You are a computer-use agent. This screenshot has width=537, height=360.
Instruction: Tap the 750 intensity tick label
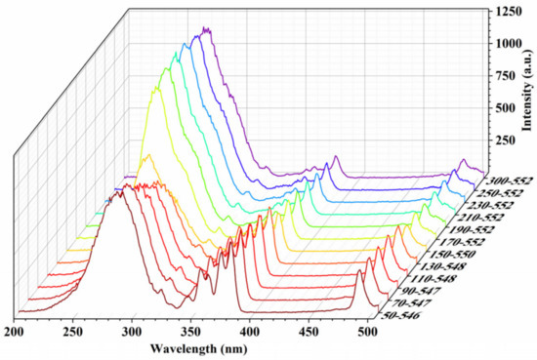click(507, 75)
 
